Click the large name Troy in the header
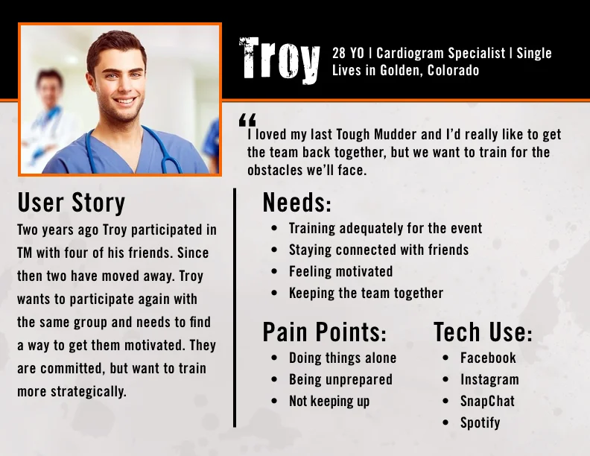click(x=279, y=60)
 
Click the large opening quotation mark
click(x=247, y=120)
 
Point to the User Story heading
click(x=72, y=203)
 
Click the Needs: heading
click(x=296, y=203)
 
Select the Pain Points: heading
click(x=324, y=332)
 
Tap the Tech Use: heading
click(x=483, y=332)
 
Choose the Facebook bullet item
click(x=488, y=358)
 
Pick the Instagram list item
click(x=489, y=379)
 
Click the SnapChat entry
click(x=487, y=401)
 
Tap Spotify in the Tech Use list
click(x=480, y=422)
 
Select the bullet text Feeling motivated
click(x=340, y=271)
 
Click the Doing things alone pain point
click(x=343, y=358)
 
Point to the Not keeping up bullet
click(x=329, y=401)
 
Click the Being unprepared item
click(x=340, y=379)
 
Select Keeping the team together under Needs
click(x=366, y=293)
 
